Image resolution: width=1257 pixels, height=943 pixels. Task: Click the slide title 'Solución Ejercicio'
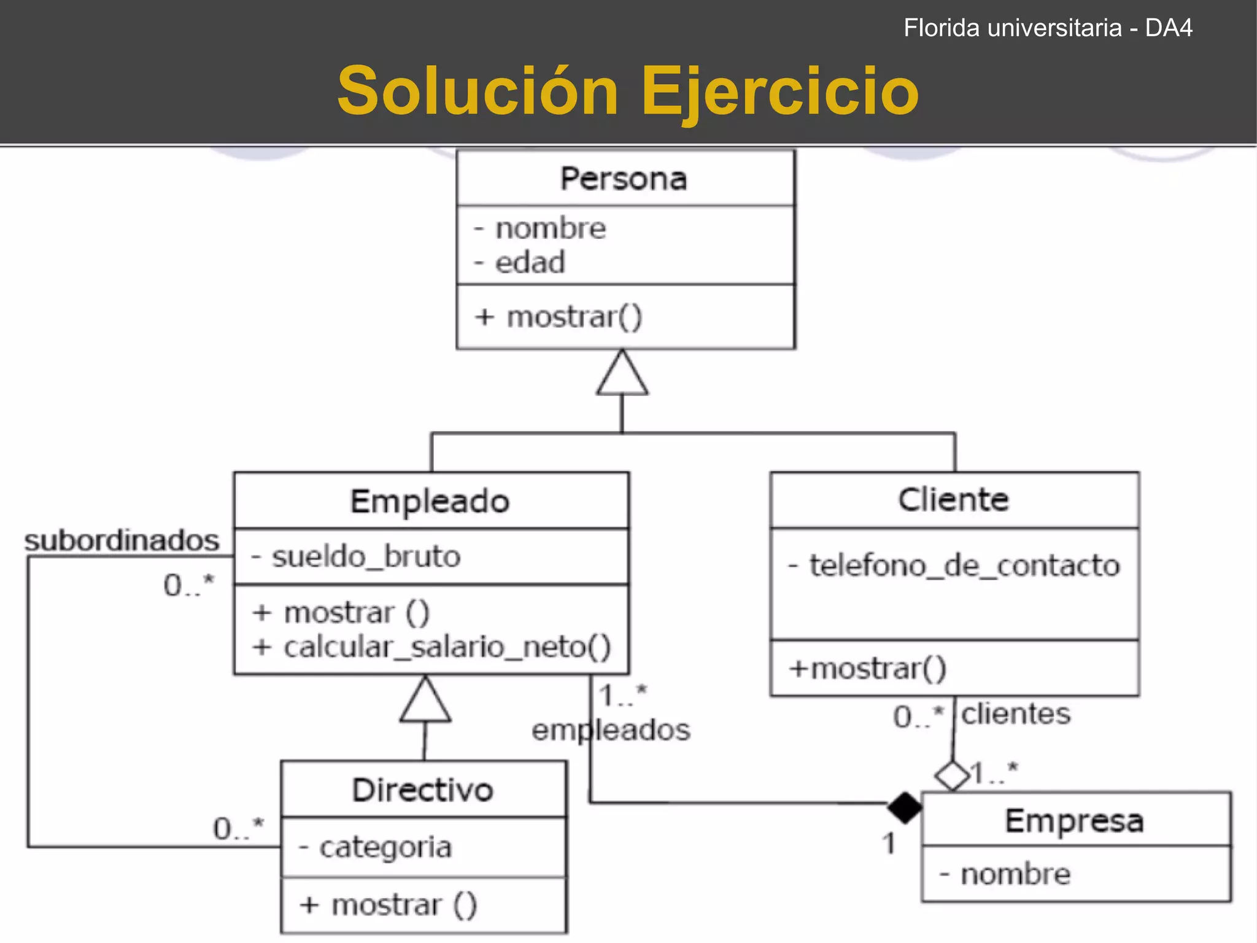(x=627, y=91)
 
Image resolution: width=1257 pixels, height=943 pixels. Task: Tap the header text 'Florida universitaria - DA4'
(x=1048, y=28)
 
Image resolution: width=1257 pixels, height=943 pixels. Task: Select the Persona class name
(x=624, y=179)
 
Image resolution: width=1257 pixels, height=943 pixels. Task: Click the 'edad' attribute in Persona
(x=530, y=263)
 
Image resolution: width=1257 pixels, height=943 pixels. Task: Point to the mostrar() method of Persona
(x=574, y=317)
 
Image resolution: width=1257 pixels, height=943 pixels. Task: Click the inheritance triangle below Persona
(x=622, y=374)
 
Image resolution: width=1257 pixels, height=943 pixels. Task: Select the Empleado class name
(x=430, y=502)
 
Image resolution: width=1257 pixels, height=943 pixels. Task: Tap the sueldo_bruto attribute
(x=366, y=557)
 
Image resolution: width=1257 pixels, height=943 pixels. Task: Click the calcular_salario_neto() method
(x=447, y=647)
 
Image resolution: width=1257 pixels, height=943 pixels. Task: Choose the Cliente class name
(x=953, y=500)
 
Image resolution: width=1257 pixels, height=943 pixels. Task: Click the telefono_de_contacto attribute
(x=964, y=565)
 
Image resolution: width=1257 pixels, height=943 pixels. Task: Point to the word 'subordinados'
(x=122, y=541)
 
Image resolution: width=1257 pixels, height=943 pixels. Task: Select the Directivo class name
(x=422, y=790)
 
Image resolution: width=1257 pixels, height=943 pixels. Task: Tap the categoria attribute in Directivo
(x=385, y=848)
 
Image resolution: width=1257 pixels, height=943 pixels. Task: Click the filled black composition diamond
(x=904, y=807)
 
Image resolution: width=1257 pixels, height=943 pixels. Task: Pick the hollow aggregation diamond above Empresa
(x=952, y=775)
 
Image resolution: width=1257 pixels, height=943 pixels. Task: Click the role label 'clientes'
(x=1016, y=714)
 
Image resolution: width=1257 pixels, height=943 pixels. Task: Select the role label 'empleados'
(x=611, y=730)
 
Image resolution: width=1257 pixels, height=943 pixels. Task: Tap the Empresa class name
(x=1074, y=821)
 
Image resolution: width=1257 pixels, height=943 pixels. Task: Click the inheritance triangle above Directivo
(x=425, y=702)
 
